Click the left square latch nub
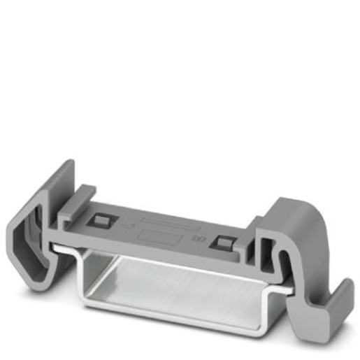100,221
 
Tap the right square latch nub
224,242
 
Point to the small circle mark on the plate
125,226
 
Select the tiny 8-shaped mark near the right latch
202,238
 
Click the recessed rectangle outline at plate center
159,235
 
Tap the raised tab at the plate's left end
82,198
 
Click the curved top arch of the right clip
297,210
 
